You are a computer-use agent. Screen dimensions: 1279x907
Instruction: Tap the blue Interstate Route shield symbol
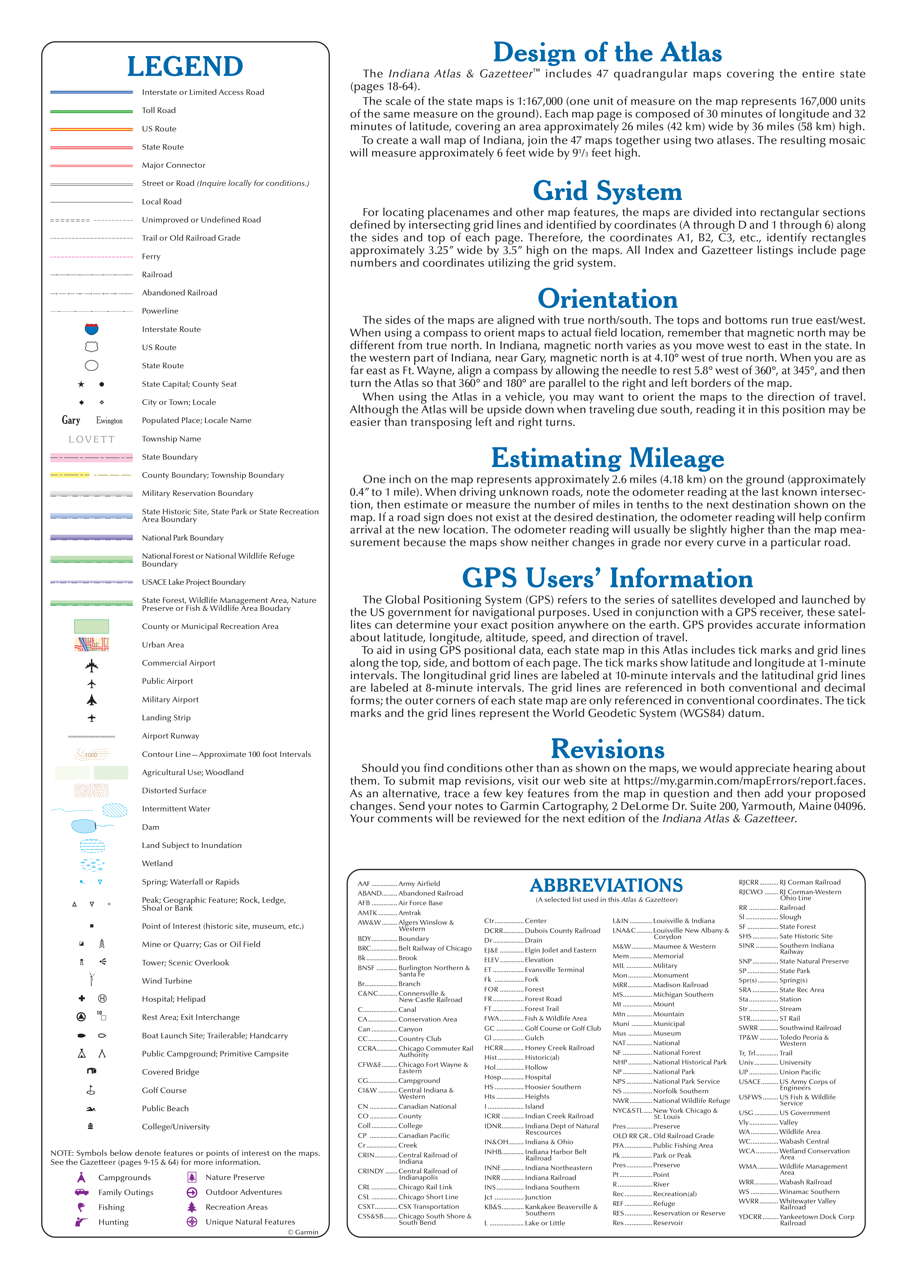92,329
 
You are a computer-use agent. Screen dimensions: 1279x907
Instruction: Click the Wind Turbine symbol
92,979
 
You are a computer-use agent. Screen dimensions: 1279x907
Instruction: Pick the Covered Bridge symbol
92,1071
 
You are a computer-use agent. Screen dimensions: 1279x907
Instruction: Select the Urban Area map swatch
92,644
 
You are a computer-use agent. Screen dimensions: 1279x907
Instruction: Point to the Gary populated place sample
71,420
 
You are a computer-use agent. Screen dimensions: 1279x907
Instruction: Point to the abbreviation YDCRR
750,1216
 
